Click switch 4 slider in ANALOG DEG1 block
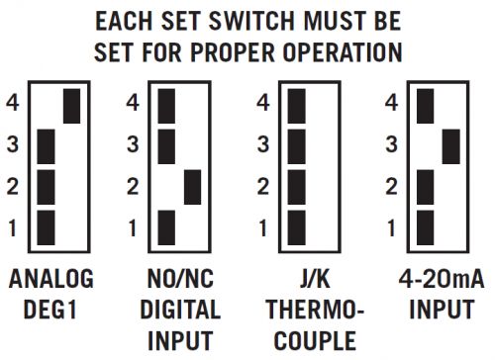71,106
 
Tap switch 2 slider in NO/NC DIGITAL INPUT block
193,187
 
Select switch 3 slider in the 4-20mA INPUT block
451,146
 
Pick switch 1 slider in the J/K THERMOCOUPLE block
297,227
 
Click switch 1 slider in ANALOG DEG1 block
46,227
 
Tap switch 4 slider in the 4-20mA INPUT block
426,106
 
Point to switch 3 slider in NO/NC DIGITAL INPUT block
166,146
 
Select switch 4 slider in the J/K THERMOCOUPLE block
297,106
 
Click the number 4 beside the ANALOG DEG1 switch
13,102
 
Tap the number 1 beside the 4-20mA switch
391,227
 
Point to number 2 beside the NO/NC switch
133,187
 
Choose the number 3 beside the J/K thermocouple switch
263,144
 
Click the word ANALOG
51,279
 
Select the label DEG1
50,310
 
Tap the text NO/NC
180,279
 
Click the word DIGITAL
180,310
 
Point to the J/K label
315,279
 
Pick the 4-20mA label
442,279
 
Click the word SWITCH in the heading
251,21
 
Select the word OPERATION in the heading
343,52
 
